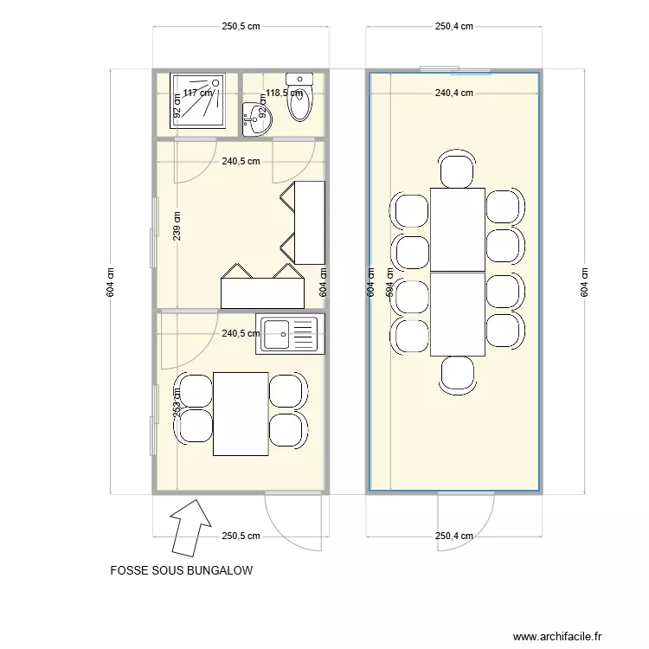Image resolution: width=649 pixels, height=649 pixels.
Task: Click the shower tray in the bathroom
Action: coord(204,100)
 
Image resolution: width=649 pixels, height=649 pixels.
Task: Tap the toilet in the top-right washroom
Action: coord(300,100)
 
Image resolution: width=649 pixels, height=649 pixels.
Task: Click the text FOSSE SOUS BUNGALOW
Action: coord(181,571)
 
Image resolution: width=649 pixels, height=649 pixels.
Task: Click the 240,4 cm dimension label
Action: coord(453,93)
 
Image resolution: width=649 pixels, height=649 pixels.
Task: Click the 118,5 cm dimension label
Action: coord(284,93)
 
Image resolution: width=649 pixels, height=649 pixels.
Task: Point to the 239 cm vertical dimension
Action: coord(177,227)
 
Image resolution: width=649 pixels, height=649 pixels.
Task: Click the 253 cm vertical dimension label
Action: coord(177,405)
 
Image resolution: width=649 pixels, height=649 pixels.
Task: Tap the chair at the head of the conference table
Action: coord(457,168)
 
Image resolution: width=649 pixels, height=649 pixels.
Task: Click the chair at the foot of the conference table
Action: coord(457,374)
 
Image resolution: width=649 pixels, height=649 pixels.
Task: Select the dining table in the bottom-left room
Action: coord(241,414)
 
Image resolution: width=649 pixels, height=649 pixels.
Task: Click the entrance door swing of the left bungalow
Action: coord(294,522)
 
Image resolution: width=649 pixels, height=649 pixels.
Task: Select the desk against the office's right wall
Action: coord(309,222)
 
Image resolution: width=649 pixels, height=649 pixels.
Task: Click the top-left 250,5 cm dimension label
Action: coord(241,26)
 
